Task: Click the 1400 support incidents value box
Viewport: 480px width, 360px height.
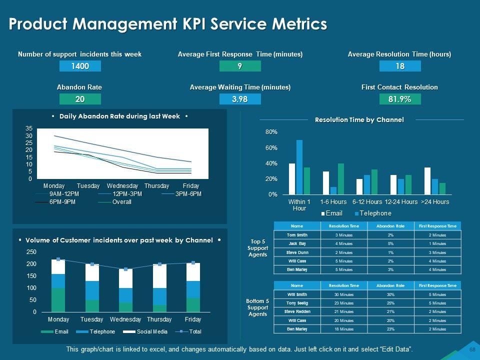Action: [x=80, y=66]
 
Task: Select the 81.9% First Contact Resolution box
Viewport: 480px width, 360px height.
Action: [x=400, y=99]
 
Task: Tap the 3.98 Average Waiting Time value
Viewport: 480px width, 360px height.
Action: [x=240, y=99]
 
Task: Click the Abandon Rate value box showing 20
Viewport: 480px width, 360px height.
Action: [x=80, y=99]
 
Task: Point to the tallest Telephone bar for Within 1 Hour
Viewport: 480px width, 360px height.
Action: [x=299, y=167]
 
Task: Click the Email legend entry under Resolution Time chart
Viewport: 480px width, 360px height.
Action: [x=332, y=213]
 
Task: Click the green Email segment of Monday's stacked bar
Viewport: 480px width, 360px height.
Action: [x=58, y=300]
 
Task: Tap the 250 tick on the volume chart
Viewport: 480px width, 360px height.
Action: [x=31, y=252]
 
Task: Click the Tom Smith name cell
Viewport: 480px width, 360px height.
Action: [x=297, y=235]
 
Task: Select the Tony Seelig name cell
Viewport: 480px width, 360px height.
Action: [x=297, y=303]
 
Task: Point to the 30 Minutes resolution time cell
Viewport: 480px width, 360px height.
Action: [x=344, y=294]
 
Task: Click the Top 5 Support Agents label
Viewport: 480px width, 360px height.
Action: [x=257, y=248]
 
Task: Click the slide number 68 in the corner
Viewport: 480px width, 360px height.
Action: [x=472, y=349]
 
